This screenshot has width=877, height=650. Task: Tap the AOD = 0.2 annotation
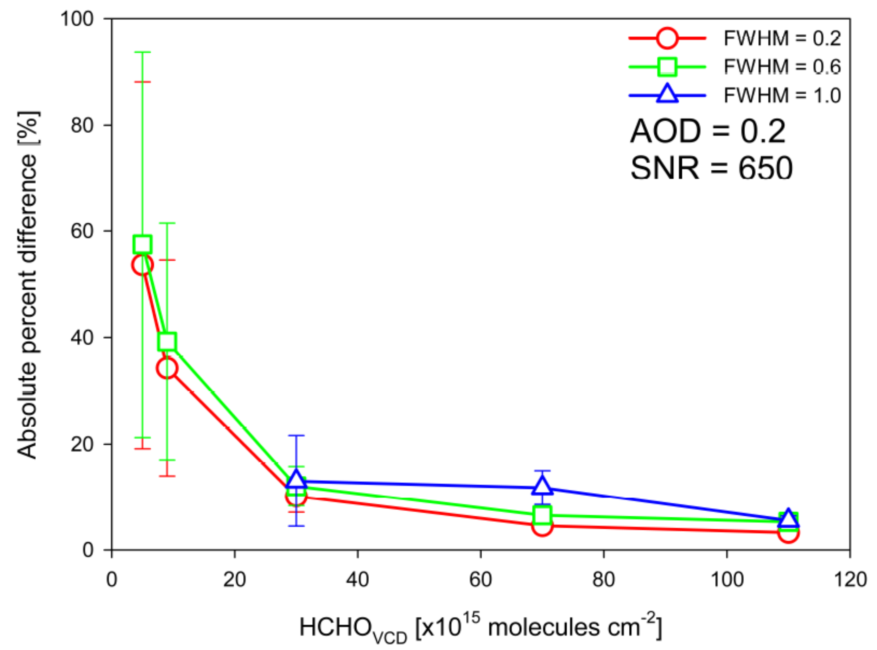(x=708, y=132)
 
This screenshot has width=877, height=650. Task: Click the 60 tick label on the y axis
(x=82, y=231)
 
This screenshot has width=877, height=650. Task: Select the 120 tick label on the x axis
(x=850, y=580)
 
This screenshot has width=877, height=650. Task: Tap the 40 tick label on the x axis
(x=357, y=580)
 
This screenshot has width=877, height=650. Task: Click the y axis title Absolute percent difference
(x=27, y=285)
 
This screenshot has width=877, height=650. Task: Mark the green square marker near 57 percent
(x=142, y=244)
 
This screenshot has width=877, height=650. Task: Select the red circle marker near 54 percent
(x=142, y=265)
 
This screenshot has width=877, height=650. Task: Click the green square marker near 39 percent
(x=167, y=342)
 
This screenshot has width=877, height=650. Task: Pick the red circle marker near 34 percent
(x=167, y=368)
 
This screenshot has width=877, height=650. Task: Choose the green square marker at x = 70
(x=542, y=515)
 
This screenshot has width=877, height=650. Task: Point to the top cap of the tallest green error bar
(x=142, y=52)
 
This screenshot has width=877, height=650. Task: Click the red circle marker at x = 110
(x=788, y=533)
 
